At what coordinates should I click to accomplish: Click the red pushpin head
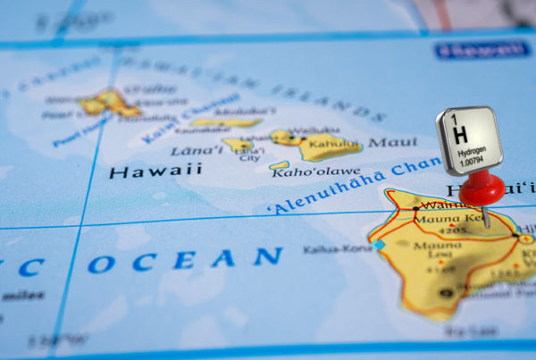(x=482, y=188)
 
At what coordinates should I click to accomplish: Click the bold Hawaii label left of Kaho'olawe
(x=155, y=169)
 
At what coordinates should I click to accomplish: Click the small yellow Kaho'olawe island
(x=280, y=165)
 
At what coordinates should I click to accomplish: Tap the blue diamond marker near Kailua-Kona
(x=380, y=244)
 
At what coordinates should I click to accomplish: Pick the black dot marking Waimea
(x=416, y=208)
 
